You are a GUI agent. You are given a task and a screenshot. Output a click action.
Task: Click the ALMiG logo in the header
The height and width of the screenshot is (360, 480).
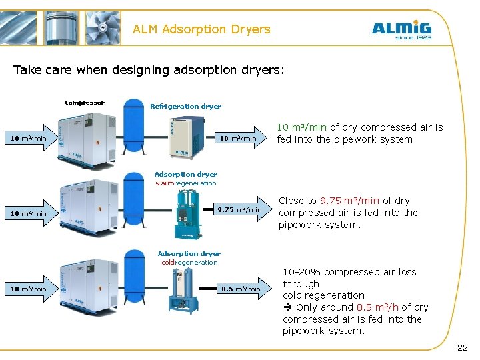(401, 30)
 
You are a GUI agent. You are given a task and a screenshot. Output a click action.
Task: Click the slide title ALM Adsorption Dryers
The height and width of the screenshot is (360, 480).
(201, 29)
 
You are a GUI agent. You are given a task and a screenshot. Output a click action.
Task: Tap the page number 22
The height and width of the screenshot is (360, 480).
(462, 348)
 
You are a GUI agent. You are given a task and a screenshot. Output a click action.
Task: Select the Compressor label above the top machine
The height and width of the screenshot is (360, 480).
(84, 103)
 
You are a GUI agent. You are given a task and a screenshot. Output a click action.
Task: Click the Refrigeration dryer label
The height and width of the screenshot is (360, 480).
(185, 106)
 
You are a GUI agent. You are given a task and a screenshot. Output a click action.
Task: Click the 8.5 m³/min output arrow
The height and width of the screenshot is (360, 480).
(243, 289)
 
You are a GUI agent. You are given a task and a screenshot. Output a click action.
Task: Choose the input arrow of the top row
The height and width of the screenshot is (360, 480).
(29, 139)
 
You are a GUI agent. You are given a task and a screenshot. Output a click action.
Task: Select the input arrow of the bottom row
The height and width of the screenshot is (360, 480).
(29, 289)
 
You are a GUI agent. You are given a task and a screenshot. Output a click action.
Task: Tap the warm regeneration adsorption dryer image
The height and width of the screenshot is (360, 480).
(187, 213)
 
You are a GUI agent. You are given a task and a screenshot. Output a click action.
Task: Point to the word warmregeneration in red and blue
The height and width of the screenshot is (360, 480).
(185, 183)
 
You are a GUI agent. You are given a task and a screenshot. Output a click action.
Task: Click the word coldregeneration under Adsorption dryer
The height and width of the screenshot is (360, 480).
(189, 263)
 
